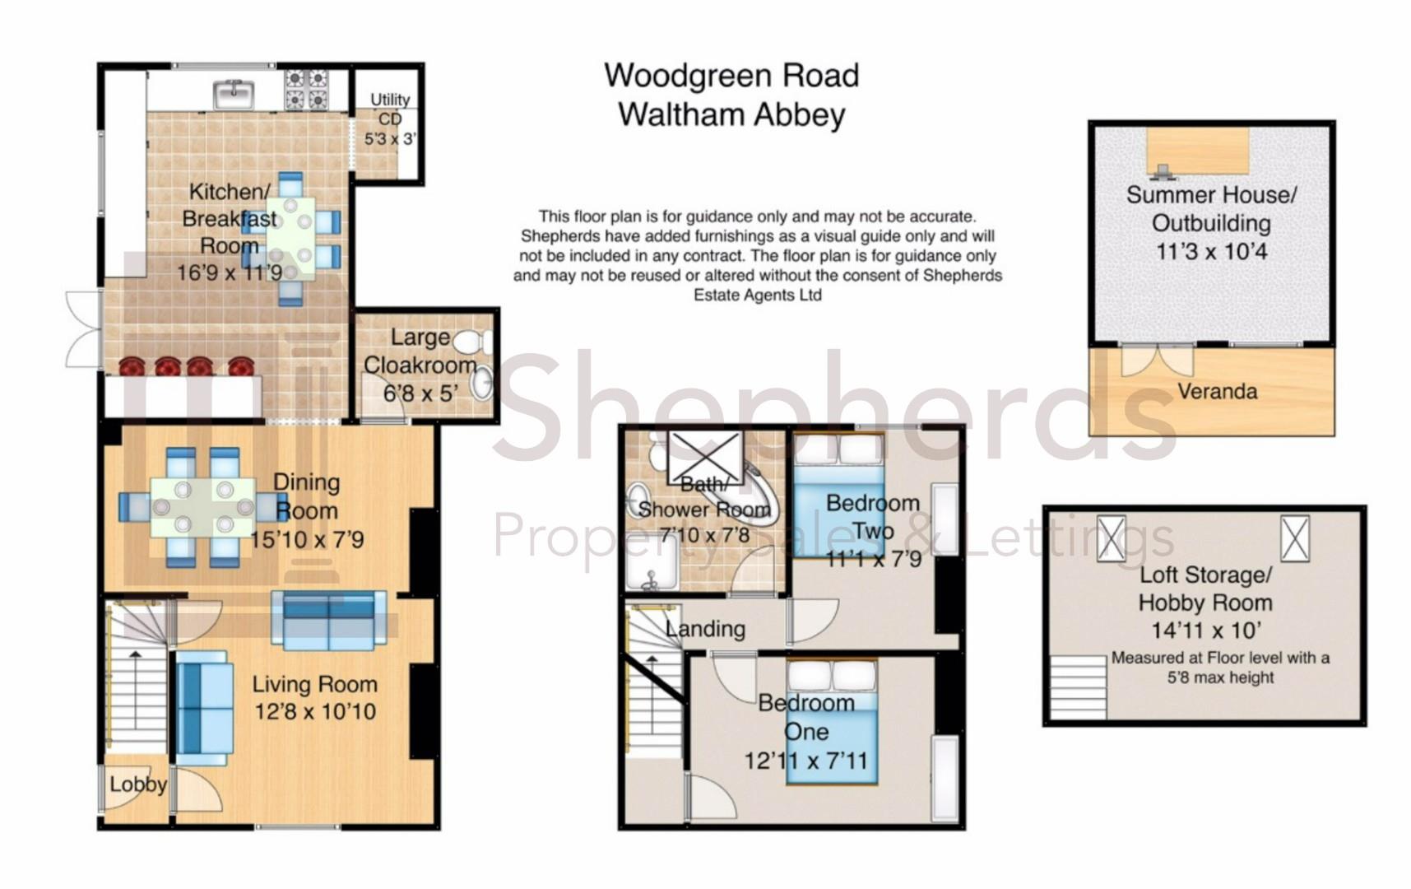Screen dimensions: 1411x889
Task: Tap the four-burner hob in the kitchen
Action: pyautogui.click(x=307, y=89)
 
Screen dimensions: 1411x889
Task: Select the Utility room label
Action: pyautogui.click(x=390, y=99)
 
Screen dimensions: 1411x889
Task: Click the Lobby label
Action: pyautogui.click(x=138, y=784)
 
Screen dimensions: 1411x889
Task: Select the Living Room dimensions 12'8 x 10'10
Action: pyautogui.click(x=315, y=711)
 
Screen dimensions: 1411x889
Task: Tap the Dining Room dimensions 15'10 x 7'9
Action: pyautogui.click(x=307, y=540)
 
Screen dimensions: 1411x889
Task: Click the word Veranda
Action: pyautogui.click(x=1217, y=391)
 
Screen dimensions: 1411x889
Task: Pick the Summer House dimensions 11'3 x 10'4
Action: pyautogui.click(x=1211, y=251)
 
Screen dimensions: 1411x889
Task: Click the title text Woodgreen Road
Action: pyautogui.click(x=731, y=76)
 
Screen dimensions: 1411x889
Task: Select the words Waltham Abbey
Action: pyautogui.click(x=731, y=114)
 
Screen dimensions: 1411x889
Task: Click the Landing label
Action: pyautogui.click(x=706, y=629)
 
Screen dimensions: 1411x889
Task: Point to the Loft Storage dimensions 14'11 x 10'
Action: pyautogui.click(x=1205, y=631)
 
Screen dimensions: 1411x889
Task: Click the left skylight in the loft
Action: pyautogui.click(x=1111, y=538)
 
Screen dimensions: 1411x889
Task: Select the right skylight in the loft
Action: pyautogui.click(x=1294, y=538)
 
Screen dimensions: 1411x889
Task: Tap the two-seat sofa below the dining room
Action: pyautogui.click(x=329, y=621)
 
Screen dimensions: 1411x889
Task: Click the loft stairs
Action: pyautogui.click(x=1079, y=687)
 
